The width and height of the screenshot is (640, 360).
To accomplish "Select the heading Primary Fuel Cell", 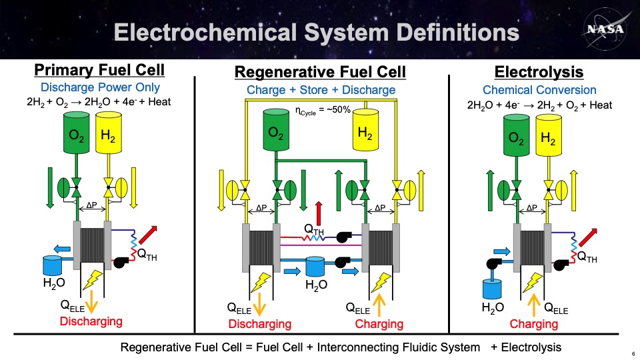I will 99,71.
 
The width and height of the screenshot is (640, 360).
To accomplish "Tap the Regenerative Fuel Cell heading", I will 320,72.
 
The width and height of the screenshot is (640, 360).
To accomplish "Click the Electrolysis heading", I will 539,72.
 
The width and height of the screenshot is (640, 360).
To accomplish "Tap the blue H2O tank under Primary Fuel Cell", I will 51,265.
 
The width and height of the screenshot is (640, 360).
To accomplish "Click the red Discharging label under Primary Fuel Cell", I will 91,321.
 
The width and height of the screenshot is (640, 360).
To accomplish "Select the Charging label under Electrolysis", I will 533,324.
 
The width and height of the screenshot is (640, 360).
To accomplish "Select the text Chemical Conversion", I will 539,90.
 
